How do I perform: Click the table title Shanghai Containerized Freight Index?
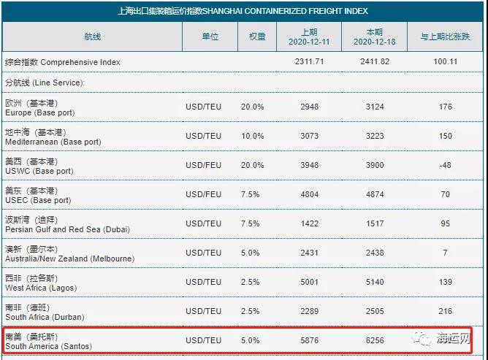tap(243, 11)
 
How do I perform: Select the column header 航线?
tap(92, 37)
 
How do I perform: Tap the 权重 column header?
tap(257, 37)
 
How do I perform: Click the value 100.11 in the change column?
tap(444, 63)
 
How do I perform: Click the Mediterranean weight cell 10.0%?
tap(253, 137)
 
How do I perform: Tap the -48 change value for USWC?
tap(444, 166)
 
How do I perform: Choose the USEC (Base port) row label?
tap(38, 196)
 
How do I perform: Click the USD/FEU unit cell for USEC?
tap(203, 195)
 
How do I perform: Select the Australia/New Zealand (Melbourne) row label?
tap(69, 254)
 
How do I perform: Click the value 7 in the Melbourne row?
tap(444, 253)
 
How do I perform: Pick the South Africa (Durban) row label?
tap(44, 313)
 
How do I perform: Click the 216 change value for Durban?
tap(444, 312)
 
